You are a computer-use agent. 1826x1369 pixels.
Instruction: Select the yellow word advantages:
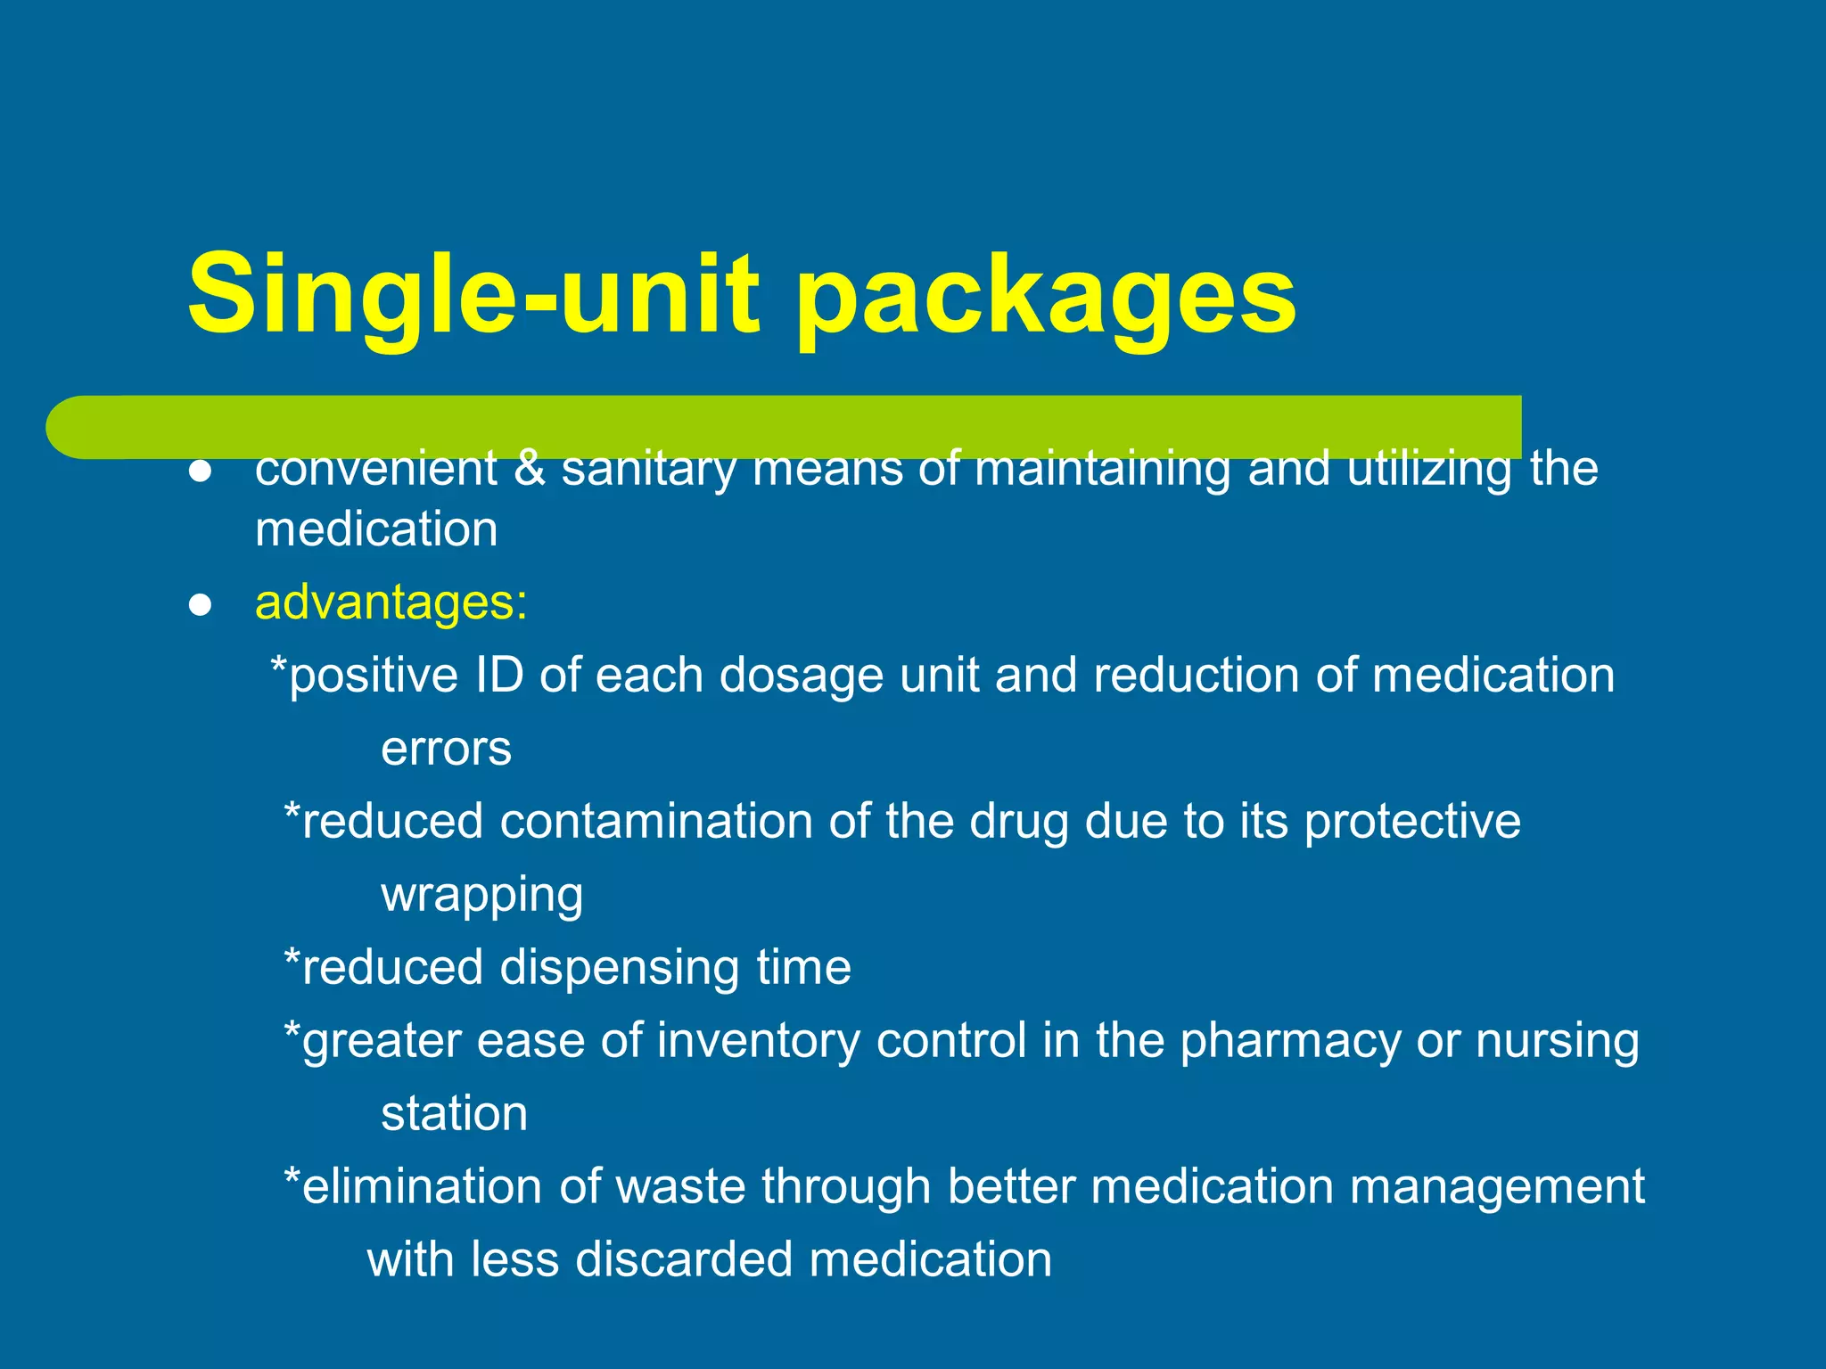click(391, 603)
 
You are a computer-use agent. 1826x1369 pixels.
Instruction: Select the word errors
click(446, 749)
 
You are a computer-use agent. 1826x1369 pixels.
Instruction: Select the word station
click(454, 1114)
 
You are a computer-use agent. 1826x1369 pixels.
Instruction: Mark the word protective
click(1412, 821)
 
